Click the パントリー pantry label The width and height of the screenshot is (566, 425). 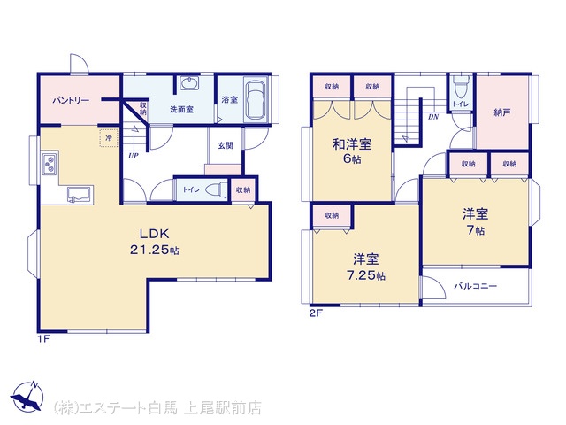(71, 100)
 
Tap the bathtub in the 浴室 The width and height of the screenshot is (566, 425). (256, 99)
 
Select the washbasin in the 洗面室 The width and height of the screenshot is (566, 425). (189, 83)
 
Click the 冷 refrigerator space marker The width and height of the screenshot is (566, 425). (109, 138)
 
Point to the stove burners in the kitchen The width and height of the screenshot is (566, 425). (50, 164)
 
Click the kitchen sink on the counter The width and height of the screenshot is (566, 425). (80, 195)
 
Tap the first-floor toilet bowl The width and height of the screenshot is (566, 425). (216, 189)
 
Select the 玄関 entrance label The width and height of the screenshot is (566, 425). (226, 145)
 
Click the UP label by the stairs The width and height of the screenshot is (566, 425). (134, 156)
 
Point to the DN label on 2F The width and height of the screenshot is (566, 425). (433, 116)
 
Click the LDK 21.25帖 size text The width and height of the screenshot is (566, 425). (155, 242)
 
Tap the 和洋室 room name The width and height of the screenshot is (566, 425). (352, 144)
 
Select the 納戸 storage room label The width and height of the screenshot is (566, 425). (502, 112)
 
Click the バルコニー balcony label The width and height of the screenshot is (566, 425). (476, 286)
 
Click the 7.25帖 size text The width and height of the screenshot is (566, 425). (365, 275)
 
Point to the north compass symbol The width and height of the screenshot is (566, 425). (27, 397)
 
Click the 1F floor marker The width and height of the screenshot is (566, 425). (43, 339)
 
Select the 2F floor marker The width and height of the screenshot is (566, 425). (316, 313)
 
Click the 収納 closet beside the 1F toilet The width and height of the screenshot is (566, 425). (243, 189)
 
